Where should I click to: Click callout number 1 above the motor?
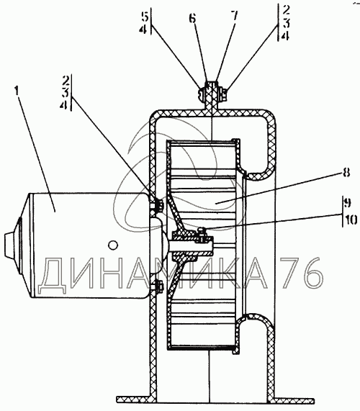pyautogui.click(x=17, y=91)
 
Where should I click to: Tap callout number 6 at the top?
pyautogui.click(x=192, y=18)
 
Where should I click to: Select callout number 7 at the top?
pyautogui.click(x=235, y=16)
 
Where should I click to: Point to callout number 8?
pyautogui.click(x=346, y=173)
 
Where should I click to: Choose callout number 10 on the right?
pyautogui.click(x=351, y=220)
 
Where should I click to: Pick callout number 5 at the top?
pyautogui.click(x=145, y=17)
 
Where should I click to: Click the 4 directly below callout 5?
pyautogui.click(x=143, y=29)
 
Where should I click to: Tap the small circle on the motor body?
pyautogui.click(x=113, y=245)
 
